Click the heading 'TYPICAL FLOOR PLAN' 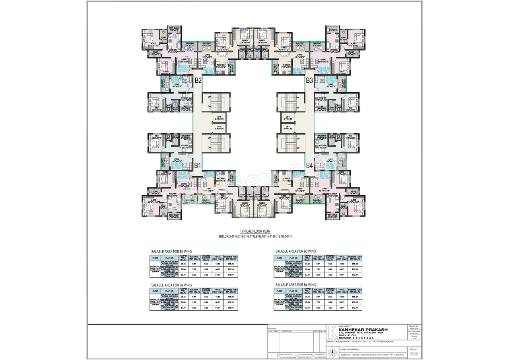click(x=255, y=231)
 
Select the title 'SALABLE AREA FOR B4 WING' click(x=295, y=285)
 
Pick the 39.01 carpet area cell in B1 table click(x=184, y=264)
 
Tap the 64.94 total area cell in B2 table click(x=218, y=308)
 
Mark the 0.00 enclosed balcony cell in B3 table click(x=330, y=264)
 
